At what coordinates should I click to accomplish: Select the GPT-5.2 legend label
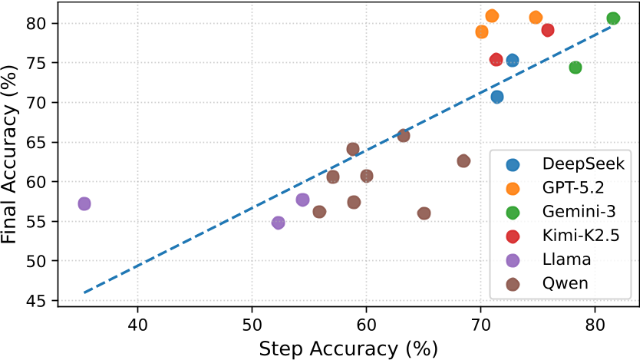573,187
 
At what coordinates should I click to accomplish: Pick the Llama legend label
565,259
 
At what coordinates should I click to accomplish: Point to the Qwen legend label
565,284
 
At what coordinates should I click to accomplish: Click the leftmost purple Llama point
84,203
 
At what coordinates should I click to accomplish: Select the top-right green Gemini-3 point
613,18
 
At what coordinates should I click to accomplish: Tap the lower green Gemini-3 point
575,68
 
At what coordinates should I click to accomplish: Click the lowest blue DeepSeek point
497,97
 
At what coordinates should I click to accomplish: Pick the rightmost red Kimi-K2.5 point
548,30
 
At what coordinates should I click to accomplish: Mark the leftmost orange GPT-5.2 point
482,31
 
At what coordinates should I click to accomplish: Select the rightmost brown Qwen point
463,160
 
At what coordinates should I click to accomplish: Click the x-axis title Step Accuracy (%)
348,348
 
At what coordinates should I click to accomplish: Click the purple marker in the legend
513,259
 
